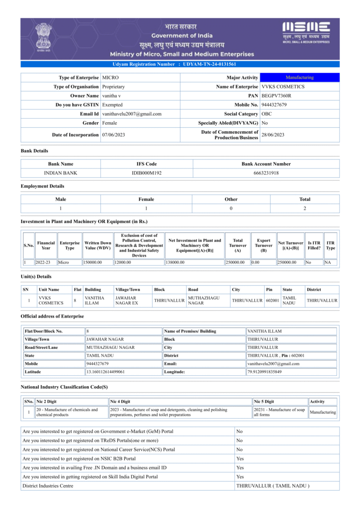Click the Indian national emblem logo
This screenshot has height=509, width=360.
pyautogui.click(x=43, y=38)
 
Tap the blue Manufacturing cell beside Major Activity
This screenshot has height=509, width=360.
pyautogui.click(x=299, y=78)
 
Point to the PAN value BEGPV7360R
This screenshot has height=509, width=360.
pyautogui.click(x=276, y=95)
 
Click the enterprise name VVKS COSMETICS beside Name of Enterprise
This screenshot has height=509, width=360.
pyautogui.click(x=283, y=86)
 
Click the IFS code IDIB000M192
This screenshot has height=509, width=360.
pyautogui.click(x=147, y=173)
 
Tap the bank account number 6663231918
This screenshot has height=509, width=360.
pyautogui.click(x=266, y=173)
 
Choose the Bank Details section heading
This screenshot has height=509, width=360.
pyautogui.click(x=34, y=151)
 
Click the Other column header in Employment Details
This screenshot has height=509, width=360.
pyautogui.click(x=231, y=199)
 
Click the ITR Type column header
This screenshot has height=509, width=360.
pyautogui.click(x=330, y=246)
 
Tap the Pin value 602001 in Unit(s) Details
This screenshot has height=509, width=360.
pyautogui.click(x=272, y=300)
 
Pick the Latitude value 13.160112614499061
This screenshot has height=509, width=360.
pyautogui.click(x=105, y=371)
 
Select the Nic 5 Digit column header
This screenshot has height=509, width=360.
pyautogui.click(x=264, y=402)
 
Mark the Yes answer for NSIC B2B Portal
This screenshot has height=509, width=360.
pyautogui.click(x=240, y=458)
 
